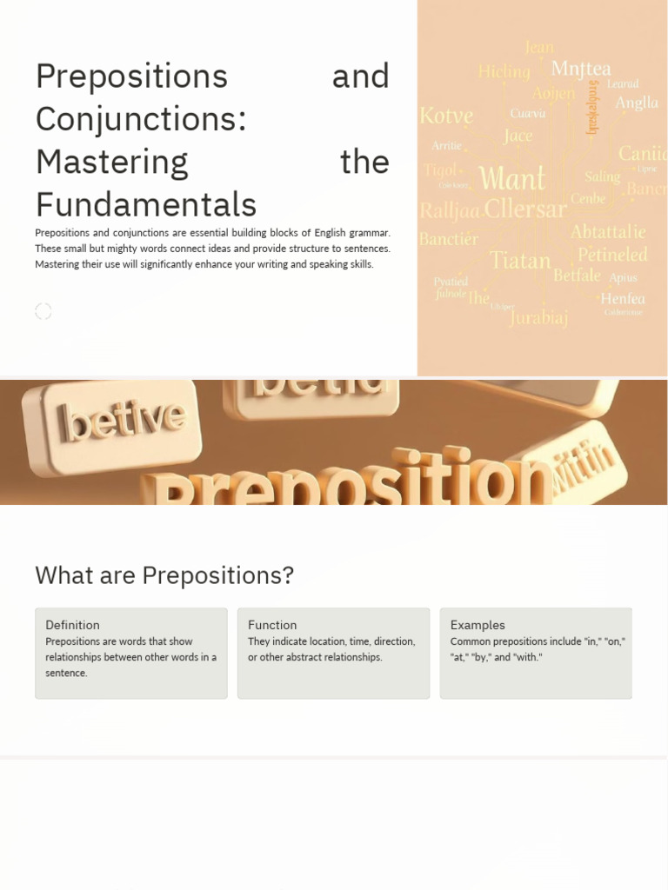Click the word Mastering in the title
coord(112,162)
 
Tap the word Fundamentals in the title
coord(146,205)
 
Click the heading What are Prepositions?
coord(164,575)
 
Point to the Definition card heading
coord(72,625)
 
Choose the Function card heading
coord(272,625)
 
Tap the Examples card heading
coord(478,625)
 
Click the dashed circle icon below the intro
coord(43,311)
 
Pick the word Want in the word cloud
coord(512,179)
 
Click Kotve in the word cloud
coord(446,116)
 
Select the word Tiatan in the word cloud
coord(520,260)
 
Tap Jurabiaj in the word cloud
coord(539,317)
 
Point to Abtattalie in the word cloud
coord(608,232)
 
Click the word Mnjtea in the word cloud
coord(581,69)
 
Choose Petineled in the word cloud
coord(612,255)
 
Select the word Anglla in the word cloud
coord(637,103)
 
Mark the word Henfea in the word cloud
coord(623,298)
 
